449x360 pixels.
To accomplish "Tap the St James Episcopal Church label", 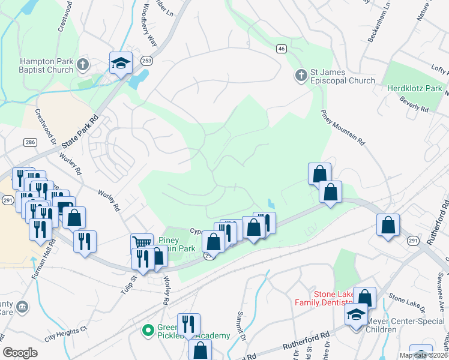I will [x=342, y=76].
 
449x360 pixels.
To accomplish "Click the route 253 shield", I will [x=146, y=61].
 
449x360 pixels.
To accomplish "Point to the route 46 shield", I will [x=281, y=48].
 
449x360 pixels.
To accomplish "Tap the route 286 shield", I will [x=29, y=142].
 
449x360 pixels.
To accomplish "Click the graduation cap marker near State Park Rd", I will [x=121, y=63].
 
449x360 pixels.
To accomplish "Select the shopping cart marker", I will [x=142, y=243].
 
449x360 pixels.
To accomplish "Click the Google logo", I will [x=20, y=353].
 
